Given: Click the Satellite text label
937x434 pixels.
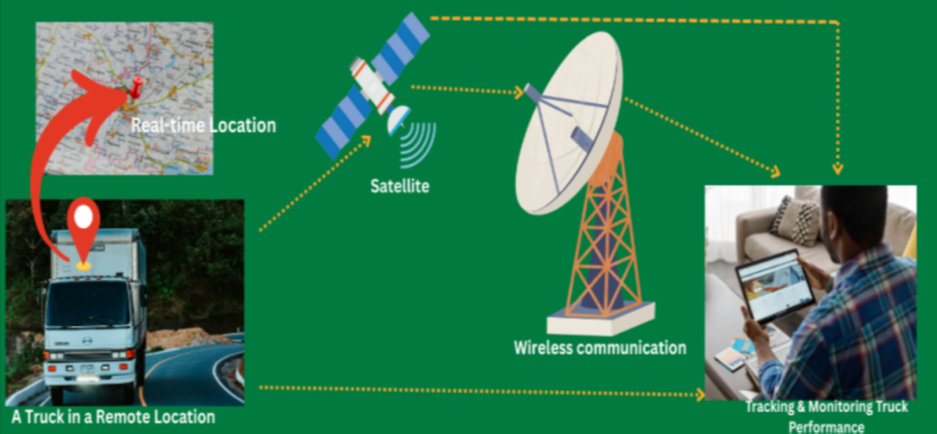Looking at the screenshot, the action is pyautogui.click(x=400, y=186).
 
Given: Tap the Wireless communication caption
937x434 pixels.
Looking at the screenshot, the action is pyautogui.click(x=600, y=348).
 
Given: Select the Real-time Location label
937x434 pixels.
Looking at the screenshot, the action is pyautogui.click(x=204, y=126).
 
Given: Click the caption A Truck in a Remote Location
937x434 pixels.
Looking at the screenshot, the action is pyautogui.click(x=113, y=417).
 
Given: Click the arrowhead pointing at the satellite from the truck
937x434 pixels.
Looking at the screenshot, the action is pyautogui.click(x=366, y=141).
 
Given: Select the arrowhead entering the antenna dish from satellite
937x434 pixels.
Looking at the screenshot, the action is pyautogui.click(x=519, y=92).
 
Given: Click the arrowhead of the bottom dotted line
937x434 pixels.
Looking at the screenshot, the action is pyautogui.click(x=700, y=394).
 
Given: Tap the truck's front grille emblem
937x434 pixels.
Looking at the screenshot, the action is pyautogui.click(x=87, y=341).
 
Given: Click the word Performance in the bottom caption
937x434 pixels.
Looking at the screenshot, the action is pyautogui.click(x=826, y=427).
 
